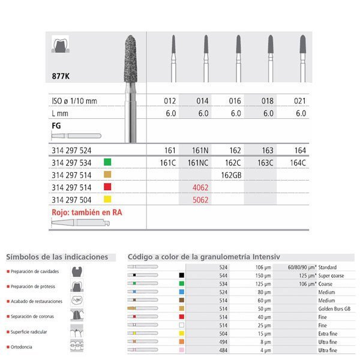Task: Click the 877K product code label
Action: pos(61,76)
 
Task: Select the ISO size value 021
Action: pos(301,101)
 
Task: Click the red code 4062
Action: pos(199,187)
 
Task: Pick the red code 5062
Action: pos(199,200)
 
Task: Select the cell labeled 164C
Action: pos(301,161)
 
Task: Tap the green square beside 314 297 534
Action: pos(108,161)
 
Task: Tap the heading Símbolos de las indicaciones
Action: pos(57,257)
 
